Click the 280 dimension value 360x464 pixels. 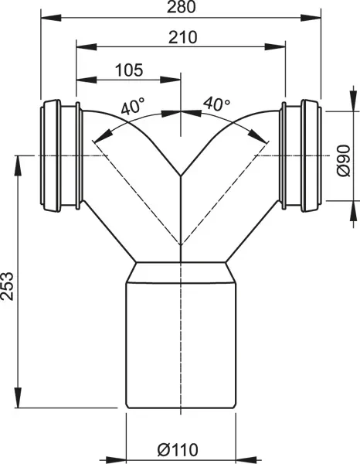[182, 7]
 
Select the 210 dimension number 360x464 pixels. [182, 37]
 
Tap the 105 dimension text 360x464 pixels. [129, 70]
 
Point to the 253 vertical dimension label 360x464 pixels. [7, 286]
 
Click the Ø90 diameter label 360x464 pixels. [344, 161]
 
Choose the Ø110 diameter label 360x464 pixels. [178, 450]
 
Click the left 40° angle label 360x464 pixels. [133, 107]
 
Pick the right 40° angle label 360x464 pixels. [216, 104]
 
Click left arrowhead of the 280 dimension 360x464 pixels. [51, 18]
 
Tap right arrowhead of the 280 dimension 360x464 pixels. [311, 18]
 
